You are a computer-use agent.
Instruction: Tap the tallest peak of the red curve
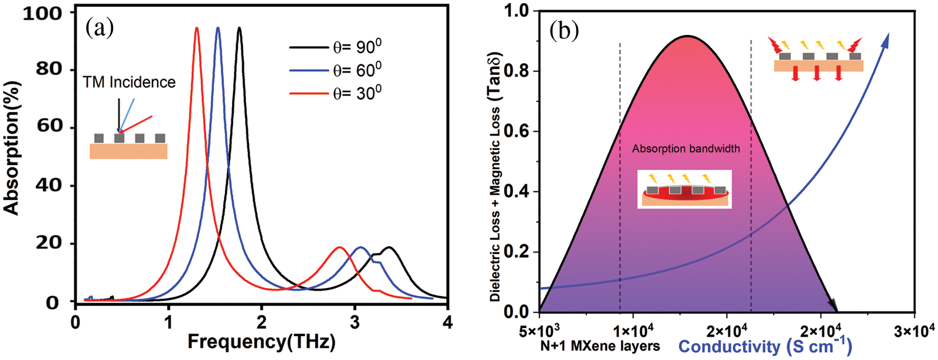[197, 28]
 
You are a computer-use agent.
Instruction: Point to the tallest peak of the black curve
[239, 28]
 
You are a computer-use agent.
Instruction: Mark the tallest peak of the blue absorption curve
[218, 28]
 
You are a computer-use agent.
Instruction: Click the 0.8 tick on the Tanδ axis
[518, 71]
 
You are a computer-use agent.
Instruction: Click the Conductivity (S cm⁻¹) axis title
[765, 345]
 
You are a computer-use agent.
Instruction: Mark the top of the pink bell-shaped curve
[687, 36]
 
